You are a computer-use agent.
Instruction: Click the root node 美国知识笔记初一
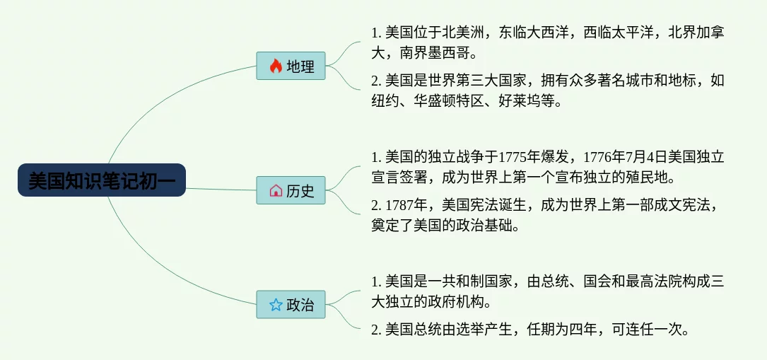click(x=102, y=180)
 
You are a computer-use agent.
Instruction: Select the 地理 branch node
click(x=291, y=66)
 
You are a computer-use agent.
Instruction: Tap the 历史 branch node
click(x=291, y=190)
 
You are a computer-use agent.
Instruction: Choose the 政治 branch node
click(x=291, y=305)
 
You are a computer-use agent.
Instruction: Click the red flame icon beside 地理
click(x=276, y=66)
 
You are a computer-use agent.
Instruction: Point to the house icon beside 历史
click(x=276, y=190)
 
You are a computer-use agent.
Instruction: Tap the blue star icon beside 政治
click(x=276, y=306)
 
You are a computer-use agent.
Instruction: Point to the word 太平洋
click(x=633, y=33)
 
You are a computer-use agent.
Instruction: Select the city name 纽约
click(x=385, y=101)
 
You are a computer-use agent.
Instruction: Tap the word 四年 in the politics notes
click(x=583, y=330)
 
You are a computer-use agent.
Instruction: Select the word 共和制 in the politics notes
click(x=463, y=281)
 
